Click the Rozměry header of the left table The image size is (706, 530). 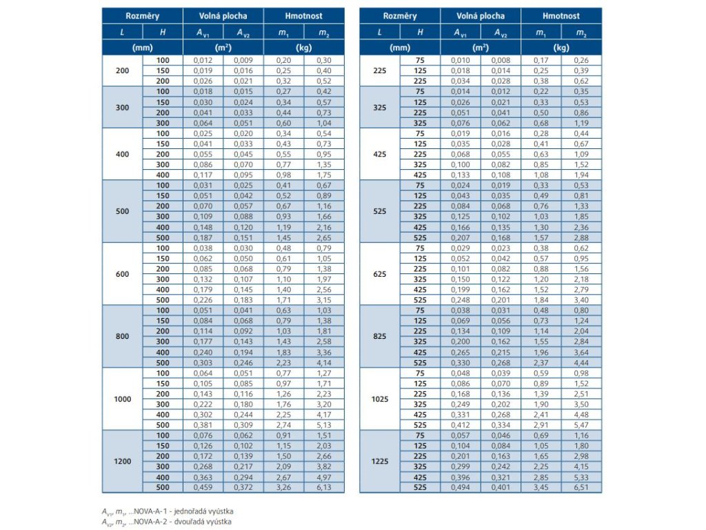click(x=143, y=16)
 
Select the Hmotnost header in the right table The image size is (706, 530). click(x=561, y=16)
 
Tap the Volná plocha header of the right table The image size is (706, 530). click(x=481, y=16)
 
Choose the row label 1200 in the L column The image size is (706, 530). click(x=123, y=462)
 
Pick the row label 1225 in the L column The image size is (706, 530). click(x=380, y=462)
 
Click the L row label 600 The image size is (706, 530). click(x=123, y=274)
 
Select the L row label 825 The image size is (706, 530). click(x=380, y=337)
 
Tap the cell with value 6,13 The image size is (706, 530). click(x=325, y=488)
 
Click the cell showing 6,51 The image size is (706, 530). click(x=581, y=488)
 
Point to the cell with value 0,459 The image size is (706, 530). click(x=203, y=488)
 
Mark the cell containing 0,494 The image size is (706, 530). click(x=461, y=488)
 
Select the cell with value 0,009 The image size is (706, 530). click(x=243, y=60)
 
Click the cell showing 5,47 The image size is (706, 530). click(x=581, y=425)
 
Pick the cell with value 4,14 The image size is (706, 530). click(x=325, y=362)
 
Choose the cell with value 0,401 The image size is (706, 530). click(x=501, y=488)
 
